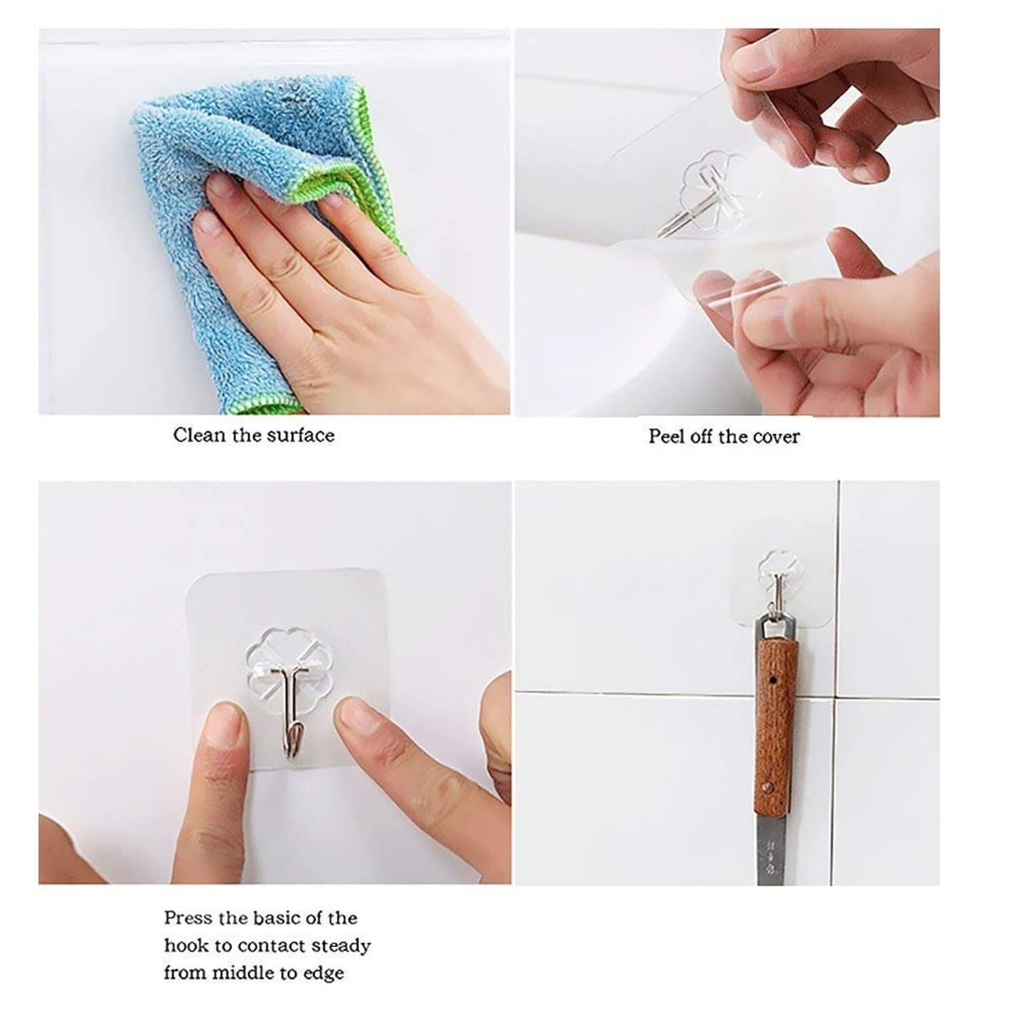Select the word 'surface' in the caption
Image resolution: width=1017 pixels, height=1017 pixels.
[300, 435]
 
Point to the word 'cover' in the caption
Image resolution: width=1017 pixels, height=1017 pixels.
[775, 436]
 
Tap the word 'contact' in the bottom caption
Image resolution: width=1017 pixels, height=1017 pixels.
[269, 946]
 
